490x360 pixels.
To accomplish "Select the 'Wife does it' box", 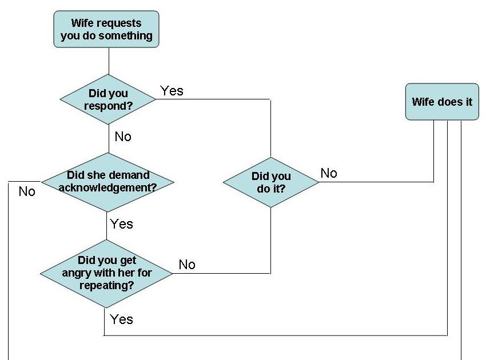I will point(442,102).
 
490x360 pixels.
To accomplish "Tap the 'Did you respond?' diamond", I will point(108,99).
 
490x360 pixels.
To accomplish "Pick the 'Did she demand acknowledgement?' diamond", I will point(107,181).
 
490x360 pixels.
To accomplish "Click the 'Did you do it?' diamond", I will point(270,182).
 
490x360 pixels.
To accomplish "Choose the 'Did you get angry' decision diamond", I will point(107,273).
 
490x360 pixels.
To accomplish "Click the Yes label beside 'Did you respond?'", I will point(172,91).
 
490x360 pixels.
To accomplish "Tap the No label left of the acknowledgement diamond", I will point(27,191).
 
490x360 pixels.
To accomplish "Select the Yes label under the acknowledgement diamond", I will point(121,224).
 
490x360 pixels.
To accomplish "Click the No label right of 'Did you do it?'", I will point(329,173).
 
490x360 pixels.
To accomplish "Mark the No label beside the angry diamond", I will point(187,265).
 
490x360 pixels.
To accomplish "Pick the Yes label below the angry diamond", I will point(121,319).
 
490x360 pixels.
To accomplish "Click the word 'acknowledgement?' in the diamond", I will point(107,186).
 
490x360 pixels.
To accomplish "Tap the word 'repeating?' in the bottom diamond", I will point(107,284).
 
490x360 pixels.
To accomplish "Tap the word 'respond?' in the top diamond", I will point(108,105).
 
